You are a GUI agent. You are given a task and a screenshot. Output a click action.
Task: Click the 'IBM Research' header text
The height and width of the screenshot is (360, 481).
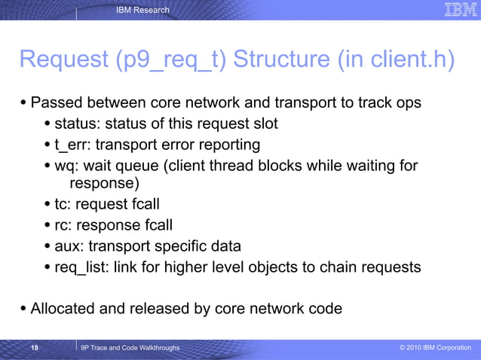coord(143,10)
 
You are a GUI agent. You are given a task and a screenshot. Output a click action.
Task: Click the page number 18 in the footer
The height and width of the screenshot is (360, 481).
coord(35,347)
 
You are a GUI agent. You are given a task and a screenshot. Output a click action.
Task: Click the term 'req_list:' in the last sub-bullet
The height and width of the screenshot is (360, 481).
coord(81,267)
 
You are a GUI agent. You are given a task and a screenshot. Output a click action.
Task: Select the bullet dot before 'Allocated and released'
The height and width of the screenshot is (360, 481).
coord(23,308)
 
